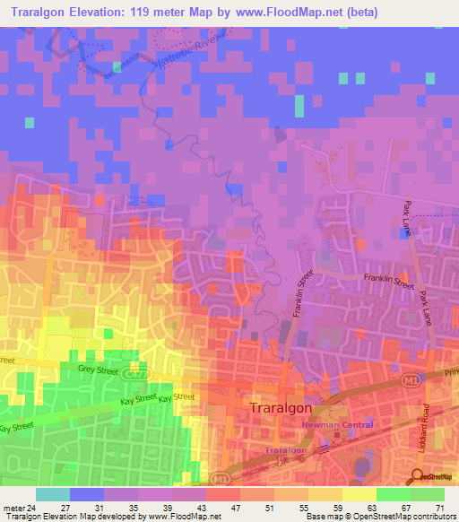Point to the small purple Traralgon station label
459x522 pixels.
286,450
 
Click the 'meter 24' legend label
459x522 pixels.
20,507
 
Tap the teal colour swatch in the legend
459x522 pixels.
52,493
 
